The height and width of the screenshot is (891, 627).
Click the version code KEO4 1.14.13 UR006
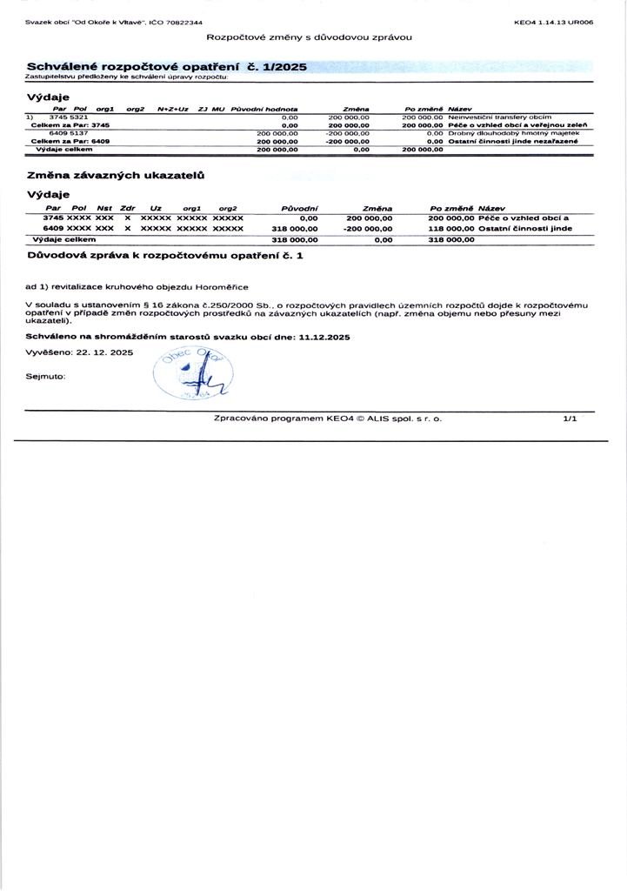point(554,22)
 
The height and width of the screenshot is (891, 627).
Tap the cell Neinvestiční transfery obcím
point(499,116)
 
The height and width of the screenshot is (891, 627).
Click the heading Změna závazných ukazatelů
point(116,176)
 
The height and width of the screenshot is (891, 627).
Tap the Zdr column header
point(127,208)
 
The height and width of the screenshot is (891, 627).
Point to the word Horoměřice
point(221,285)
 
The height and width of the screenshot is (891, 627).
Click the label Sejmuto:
point(46,376)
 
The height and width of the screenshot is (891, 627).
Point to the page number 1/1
point(570,419)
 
